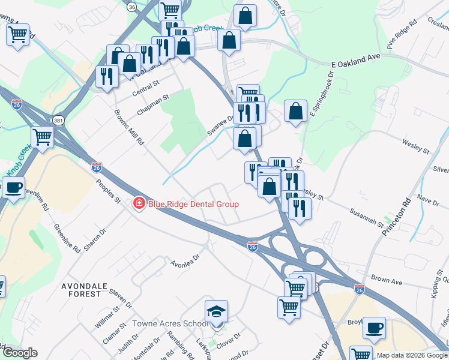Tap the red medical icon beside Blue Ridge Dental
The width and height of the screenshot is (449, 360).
(139, 204)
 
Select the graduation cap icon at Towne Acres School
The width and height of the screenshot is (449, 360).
(216, 311)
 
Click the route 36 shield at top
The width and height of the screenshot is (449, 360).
(132, 6)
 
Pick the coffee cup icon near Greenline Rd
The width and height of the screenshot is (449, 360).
(14, 187)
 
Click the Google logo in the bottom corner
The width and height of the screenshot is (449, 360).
(20, 353)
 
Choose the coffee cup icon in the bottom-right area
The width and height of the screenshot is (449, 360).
(375, 327)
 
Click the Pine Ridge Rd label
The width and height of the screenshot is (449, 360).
(402, 37)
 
